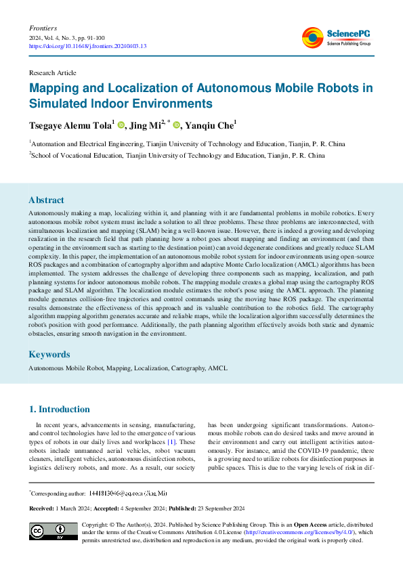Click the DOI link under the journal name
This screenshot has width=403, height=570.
(x=88, y=47)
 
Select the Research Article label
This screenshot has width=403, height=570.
(x=53, y=72)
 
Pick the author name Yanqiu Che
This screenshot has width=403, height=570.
(x=212, y=125)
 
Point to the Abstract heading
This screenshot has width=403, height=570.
(x=47, y=200)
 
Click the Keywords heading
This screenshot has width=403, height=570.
(x=49, y=354)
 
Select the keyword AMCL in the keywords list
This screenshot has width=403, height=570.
(x=219, y=368)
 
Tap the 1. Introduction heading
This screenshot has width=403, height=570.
(x=60, y=409)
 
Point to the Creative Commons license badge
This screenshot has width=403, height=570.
(x=53, y=531)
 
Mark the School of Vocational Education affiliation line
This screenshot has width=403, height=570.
(x=177, y=154)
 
